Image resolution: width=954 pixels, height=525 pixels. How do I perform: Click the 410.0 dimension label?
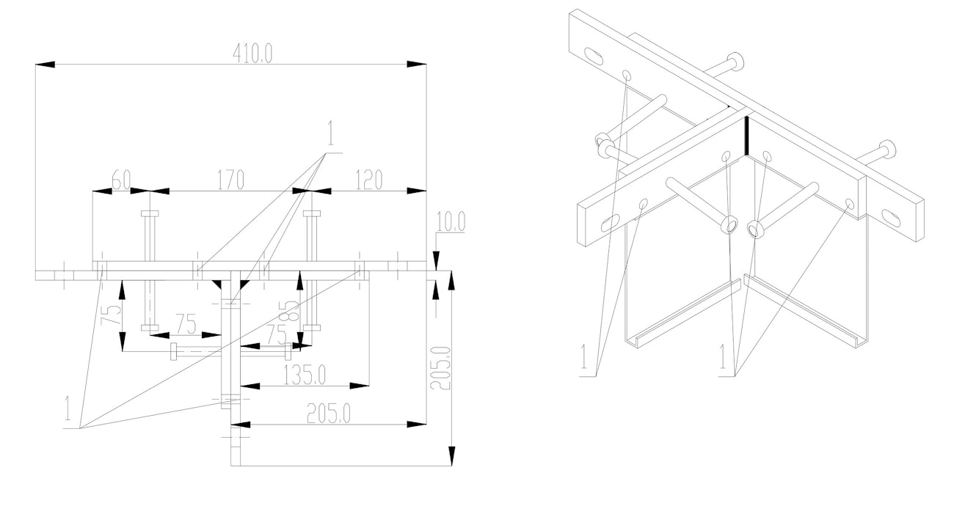coord(252,54)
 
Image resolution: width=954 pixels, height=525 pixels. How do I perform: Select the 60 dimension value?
coord(121,180)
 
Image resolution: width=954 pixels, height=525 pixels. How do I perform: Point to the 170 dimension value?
coord(231,180)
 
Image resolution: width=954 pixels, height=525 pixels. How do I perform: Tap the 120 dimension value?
coord(369,180)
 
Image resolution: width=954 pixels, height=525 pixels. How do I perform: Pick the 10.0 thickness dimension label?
coord(451,221)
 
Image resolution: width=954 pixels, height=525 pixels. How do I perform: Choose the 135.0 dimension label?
coord(305,375)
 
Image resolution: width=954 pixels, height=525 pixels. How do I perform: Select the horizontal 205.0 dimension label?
coord(328,413)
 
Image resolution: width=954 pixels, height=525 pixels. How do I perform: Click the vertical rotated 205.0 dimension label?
coord(440,368)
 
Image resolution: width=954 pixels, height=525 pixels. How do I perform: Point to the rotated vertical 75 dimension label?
coord(110,315)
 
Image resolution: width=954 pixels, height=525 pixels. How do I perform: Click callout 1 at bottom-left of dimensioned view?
coord(68,408)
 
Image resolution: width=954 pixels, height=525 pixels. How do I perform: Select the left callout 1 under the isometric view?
coord(584,356)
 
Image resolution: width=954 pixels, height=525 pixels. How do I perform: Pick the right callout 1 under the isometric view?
coord(723,356)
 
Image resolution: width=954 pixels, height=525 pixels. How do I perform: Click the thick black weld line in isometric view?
coord(746,136)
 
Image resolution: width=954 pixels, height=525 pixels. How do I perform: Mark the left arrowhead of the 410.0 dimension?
coord(45,65)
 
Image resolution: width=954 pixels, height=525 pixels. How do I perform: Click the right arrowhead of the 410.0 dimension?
coord(417,65)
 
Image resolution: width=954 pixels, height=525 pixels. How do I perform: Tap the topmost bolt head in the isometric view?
coord(735,61)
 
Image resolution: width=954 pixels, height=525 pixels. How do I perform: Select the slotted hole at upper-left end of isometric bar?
coord(594,56)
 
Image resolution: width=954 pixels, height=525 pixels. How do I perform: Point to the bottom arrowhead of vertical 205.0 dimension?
coord(452,456)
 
